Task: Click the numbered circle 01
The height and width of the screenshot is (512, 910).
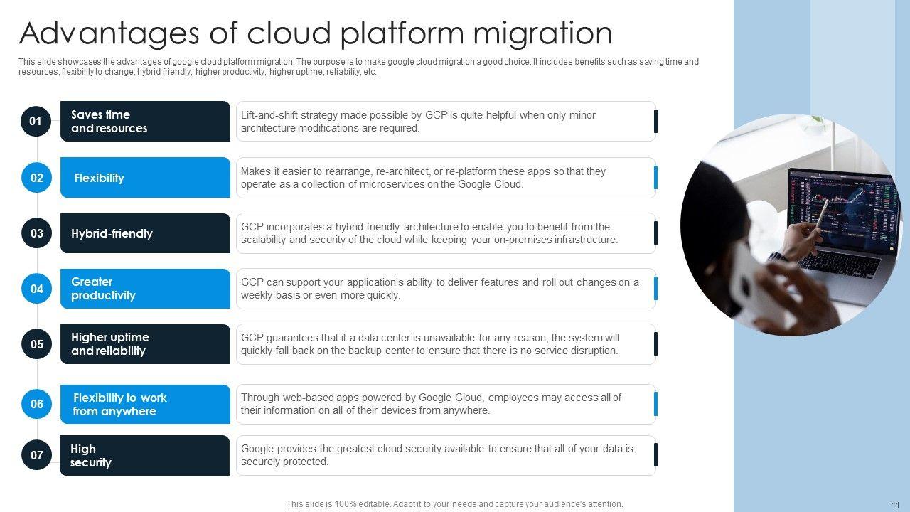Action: point(36,122)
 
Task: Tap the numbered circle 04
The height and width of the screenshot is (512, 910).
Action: point(36,289)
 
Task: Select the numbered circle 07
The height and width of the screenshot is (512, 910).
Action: point(36,455)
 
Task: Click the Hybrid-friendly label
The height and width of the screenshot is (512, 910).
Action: point(112,233)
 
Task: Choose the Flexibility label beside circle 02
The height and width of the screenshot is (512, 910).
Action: point(99,178)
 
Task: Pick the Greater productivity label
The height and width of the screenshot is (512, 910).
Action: point(103,289)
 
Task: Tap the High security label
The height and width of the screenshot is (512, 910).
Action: point(90,456)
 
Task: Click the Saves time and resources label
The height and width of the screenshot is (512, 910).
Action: point(109,122)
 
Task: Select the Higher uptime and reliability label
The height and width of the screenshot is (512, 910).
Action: point(109,344)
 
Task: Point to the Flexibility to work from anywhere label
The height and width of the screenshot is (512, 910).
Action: point(119,405)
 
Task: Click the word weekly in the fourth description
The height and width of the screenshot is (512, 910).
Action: point(257,295)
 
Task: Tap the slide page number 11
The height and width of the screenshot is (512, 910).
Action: point(895,504)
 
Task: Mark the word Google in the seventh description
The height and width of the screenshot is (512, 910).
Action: point(258,449)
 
